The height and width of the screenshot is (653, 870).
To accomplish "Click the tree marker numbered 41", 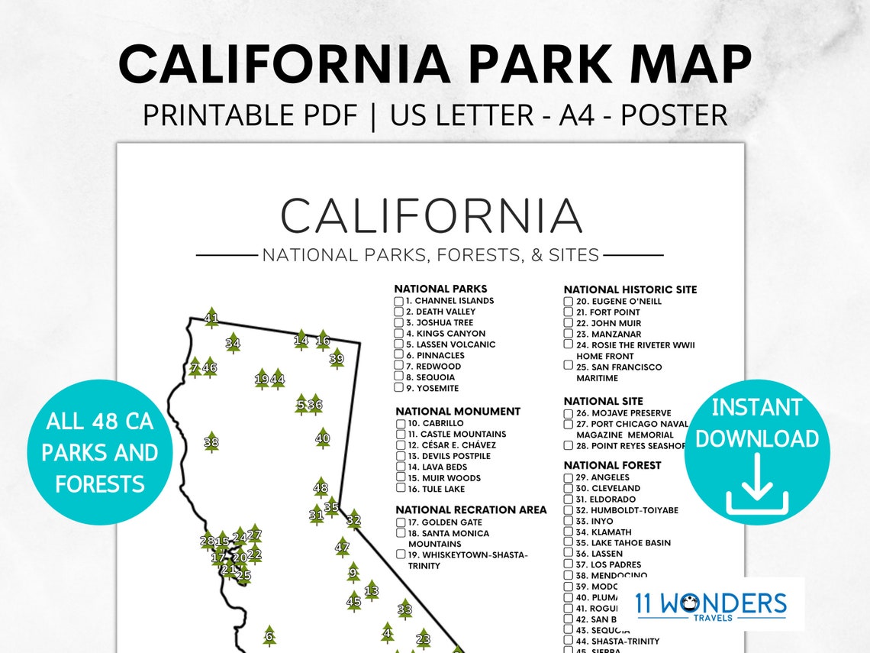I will [x=211, y=318].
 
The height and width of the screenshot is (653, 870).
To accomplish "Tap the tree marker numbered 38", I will [x=211, y=442].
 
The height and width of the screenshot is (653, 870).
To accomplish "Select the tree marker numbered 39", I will [x=337, y=358].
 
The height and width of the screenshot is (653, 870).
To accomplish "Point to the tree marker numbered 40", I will [x=323, y=438].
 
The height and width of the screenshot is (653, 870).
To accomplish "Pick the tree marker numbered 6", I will [x=269, y=635].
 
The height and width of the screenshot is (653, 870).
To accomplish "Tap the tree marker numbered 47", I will [x=342, y=547].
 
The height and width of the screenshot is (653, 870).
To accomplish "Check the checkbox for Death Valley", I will [x=398, y=312].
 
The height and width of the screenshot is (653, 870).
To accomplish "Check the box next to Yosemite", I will [x=398, y=388].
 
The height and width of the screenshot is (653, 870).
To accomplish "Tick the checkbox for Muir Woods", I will [x=401, y=478].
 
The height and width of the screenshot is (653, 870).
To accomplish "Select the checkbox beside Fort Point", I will [x=569, y=312].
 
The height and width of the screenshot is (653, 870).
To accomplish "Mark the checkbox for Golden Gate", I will [x=401, y=522].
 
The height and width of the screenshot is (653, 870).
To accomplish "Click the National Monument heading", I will [x=458, y=412].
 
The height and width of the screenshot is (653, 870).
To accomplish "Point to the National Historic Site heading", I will [x=630, y=289].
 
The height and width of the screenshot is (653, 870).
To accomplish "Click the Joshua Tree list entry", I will [x=440, y=322].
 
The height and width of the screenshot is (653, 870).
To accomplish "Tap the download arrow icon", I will [x=756, y=484].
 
